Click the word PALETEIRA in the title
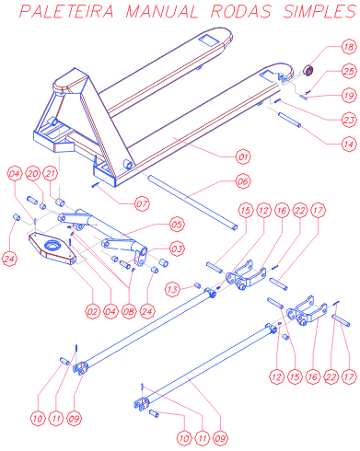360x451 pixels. click(x=66, y=11)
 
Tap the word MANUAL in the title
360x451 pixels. click(x=162, y=11)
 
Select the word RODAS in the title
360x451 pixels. click(x=241, y=11)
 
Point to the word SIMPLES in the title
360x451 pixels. click(x=319, y=11)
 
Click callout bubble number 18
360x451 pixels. click(x=349, y=47)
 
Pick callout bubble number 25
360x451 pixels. click(x=349, y=71)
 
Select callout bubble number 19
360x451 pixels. click(x=349, y=96)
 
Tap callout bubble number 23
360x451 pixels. click(x=349, y=120)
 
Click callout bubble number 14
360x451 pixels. click(x=349, y=144)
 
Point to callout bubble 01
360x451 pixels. click(x=243, y=157)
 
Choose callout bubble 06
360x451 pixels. click(x=243, y=181)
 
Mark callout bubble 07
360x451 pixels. click(x=142, y=203)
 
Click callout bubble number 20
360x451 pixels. click(x=32, y=174)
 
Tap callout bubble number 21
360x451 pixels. click(x=51, y=174)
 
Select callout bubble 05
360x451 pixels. click(x=177, y=225)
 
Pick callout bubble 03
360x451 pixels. click(x=177, y=249)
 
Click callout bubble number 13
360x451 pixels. click(x=172, y=289)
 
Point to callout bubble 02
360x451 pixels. click(x=92, y=312)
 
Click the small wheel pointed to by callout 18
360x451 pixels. click(x=308, y=71)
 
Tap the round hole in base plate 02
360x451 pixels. click(x=53, y=245)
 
